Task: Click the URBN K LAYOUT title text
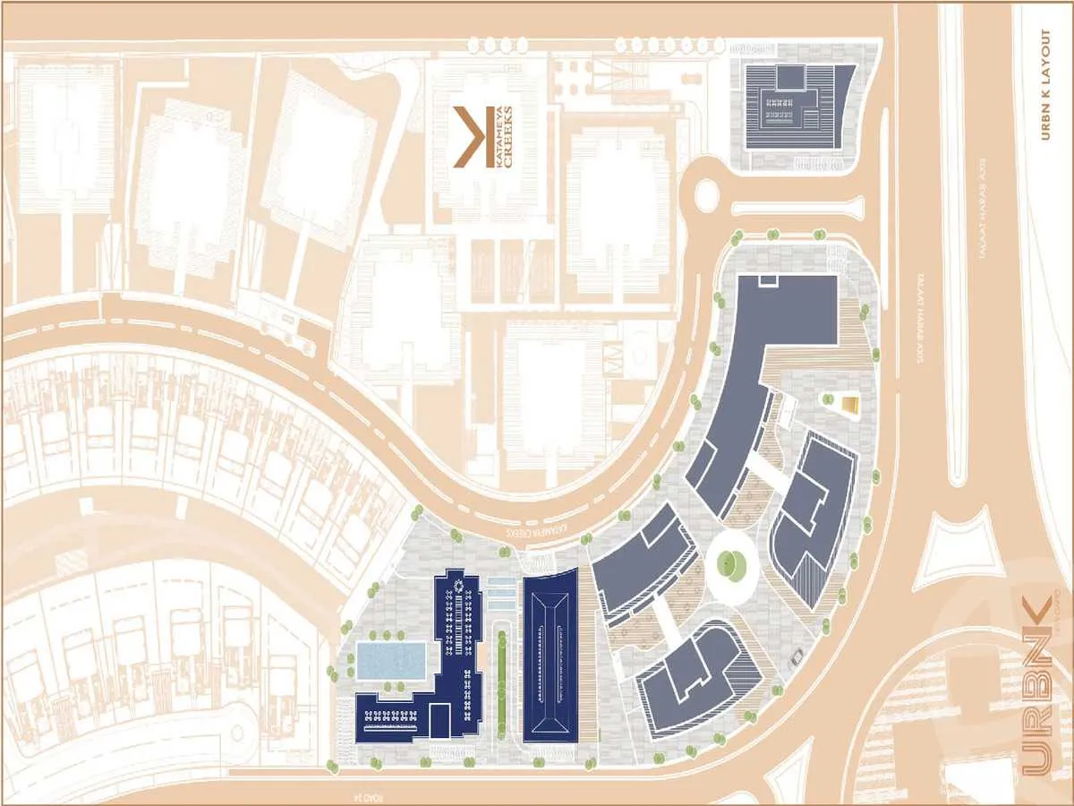(1045, 85)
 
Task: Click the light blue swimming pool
(390, 660)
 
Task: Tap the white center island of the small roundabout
(707, 192)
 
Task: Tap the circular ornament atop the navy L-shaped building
(459, 587)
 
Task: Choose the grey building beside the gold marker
(813, 515)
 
